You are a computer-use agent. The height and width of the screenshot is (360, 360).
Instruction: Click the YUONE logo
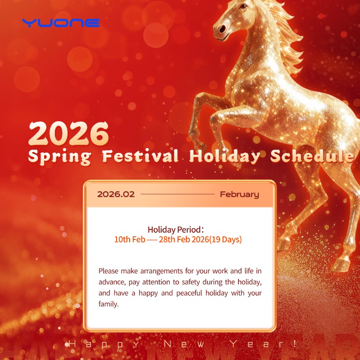[61, 22]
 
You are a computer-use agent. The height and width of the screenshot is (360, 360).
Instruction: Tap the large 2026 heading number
[69, 133]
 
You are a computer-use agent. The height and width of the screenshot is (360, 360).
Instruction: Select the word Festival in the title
[139, 157]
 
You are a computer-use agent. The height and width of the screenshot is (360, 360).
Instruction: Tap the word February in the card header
[239, 194]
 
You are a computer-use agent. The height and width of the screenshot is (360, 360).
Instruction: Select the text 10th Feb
[129, 239]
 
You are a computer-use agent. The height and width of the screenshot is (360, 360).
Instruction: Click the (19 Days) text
[223, 239]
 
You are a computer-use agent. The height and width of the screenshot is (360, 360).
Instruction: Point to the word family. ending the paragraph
[108, 304]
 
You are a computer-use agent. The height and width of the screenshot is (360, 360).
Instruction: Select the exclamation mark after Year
[294, 344]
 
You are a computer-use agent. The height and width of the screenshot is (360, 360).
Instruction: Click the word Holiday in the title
[224, 157]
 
